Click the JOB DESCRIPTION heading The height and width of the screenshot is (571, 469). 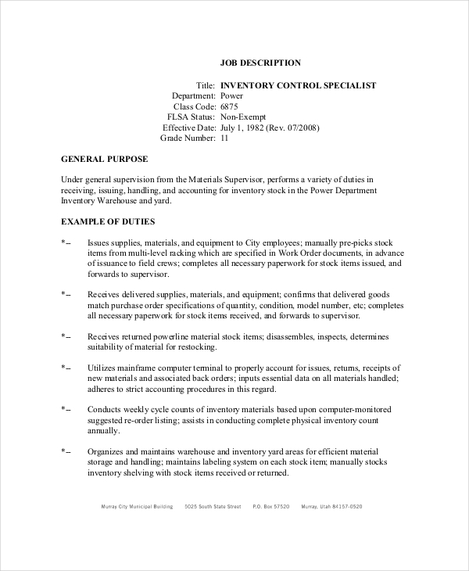pos(261,63)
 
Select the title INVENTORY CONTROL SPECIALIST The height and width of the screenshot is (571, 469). pos(299,85)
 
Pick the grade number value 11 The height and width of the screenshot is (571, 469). pos(225,138)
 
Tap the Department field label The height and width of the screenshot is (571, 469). pos(193,96)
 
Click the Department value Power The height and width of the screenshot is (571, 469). pos(232,96)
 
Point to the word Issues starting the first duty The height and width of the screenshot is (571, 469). pos(98,242)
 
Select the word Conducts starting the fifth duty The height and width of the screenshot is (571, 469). pos(104,409)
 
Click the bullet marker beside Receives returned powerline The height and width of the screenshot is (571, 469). pos(66,336)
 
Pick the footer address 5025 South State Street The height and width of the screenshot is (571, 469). pos(213,506)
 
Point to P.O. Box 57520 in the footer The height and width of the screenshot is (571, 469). pos(270,506)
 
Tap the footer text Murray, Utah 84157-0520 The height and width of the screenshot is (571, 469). pos(331,506)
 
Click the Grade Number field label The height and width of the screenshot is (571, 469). pos(188,138)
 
